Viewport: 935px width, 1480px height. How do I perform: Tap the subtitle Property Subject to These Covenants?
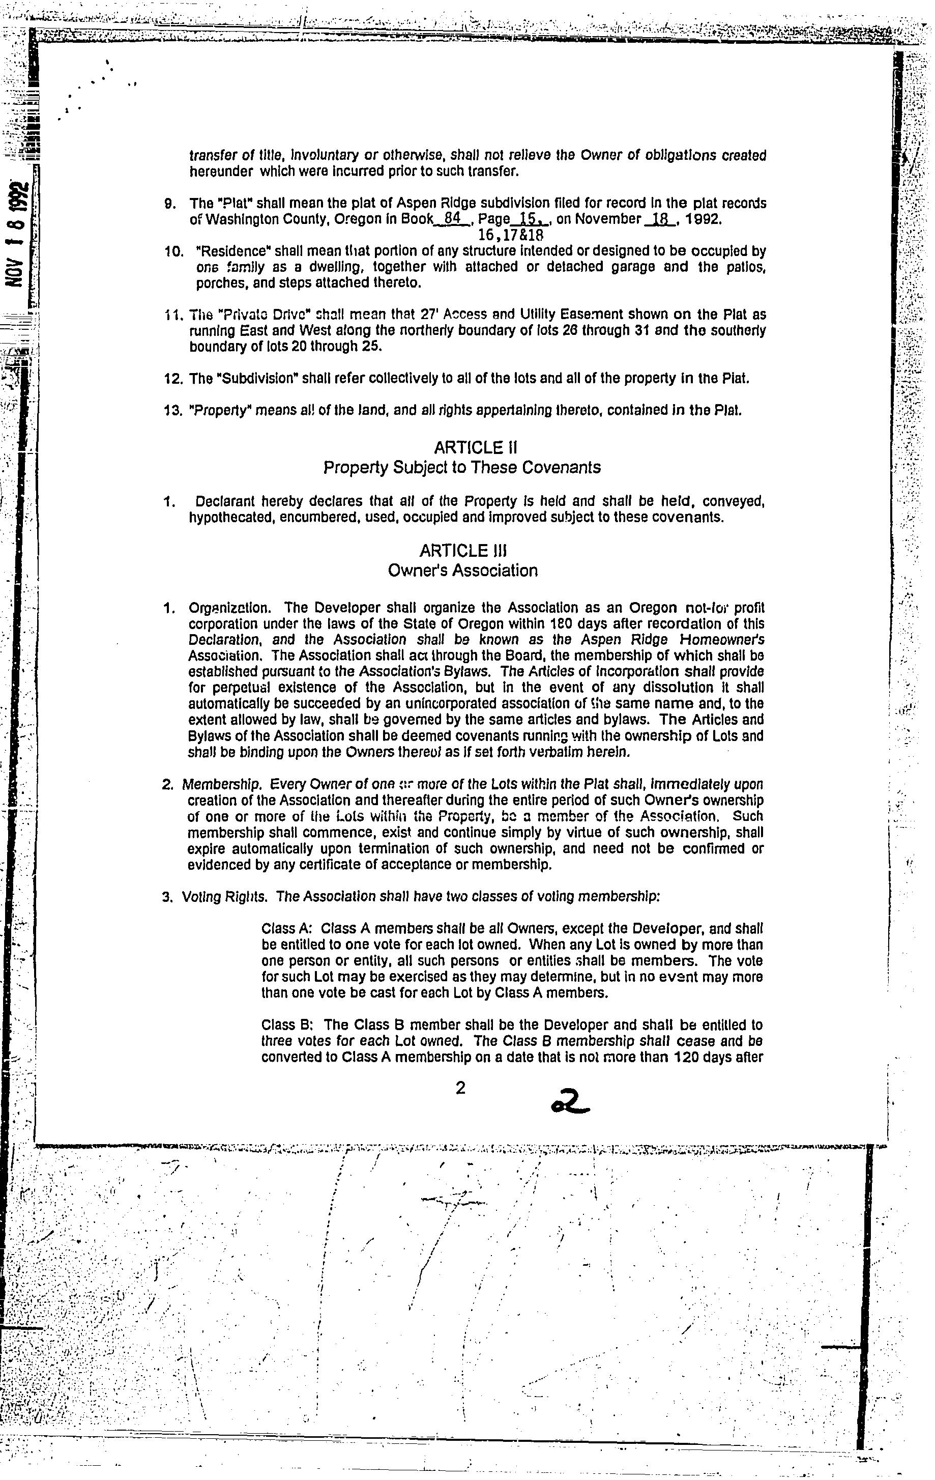click(462, 468)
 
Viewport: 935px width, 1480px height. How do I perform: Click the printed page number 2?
click(460, 1089)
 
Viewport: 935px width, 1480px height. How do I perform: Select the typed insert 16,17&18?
click(511, 234)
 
